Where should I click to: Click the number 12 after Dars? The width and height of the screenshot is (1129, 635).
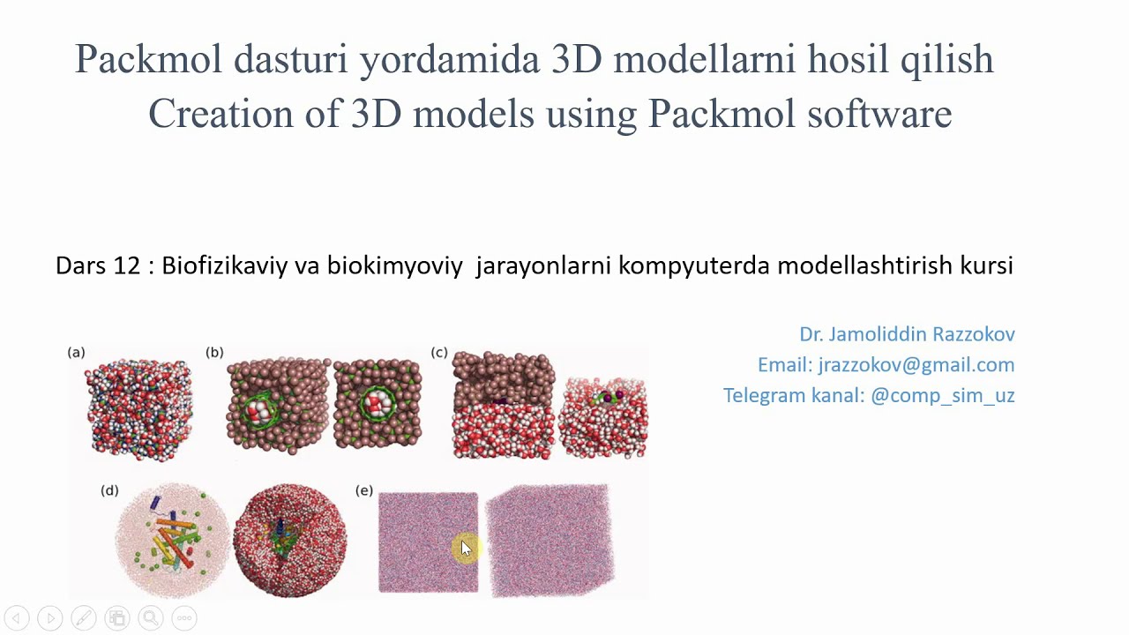click(128, 265)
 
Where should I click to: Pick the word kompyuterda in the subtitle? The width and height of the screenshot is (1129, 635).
click(694, 265)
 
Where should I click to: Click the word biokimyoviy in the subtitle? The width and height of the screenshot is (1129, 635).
click(394, 265)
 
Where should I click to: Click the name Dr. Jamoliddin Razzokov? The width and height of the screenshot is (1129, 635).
click(907, 334)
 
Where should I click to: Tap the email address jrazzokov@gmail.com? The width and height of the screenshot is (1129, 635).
click(916, 365)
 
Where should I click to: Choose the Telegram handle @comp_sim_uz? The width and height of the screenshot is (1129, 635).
click(942, 396)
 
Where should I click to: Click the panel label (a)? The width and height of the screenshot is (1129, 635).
click(76, 353)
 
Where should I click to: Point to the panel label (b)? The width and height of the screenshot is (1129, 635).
click(214, 353)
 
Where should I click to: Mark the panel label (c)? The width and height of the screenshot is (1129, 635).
click(439, 353)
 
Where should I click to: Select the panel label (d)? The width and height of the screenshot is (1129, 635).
click(109, 490)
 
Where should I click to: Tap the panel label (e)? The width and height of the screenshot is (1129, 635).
click(364, 490)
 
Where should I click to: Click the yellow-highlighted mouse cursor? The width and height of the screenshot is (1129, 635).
click(466, 549)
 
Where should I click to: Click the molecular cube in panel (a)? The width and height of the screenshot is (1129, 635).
click(138, 409)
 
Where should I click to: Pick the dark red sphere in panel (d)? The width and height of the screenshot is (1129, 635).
click(289, 540)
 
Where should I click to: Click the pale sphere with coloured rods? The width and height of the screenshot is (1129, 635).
click(171, 540)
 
